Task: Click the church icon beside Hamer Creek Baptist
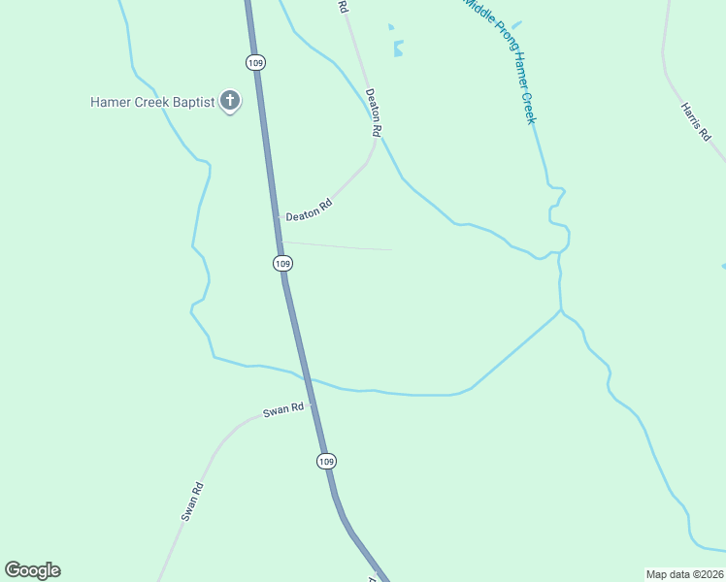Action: (230, 100)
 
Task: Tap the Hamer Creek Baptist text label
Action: (152, 102)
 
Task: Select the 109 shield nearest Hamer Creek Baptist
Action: (254, 62)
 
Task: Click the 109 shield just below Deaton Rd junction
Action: (281, 263)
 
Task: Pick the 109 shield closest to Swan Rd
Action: (326, 461)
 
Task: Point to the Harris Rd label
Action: (696, 123)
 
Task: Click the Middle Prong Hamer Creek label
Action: (501, 60)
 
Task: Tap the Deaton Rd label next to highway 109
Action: (309, 210)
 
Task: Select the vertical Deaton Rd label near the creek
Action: (374, 112)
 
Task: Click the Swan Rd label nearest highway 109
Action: (283, 410)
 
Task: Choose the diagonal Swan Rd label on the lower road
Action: (191, 501)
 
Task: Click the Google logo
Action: (32, 570)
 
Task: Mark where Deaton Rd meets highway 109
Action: (276, 216)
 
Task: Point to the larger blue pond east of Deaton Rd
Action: (398, 48)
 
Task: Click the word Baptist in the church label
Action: (193, 102)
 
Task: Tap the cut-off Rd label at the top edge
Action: (343, 6)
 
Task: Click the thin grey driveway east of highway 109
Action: (340, 246)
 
